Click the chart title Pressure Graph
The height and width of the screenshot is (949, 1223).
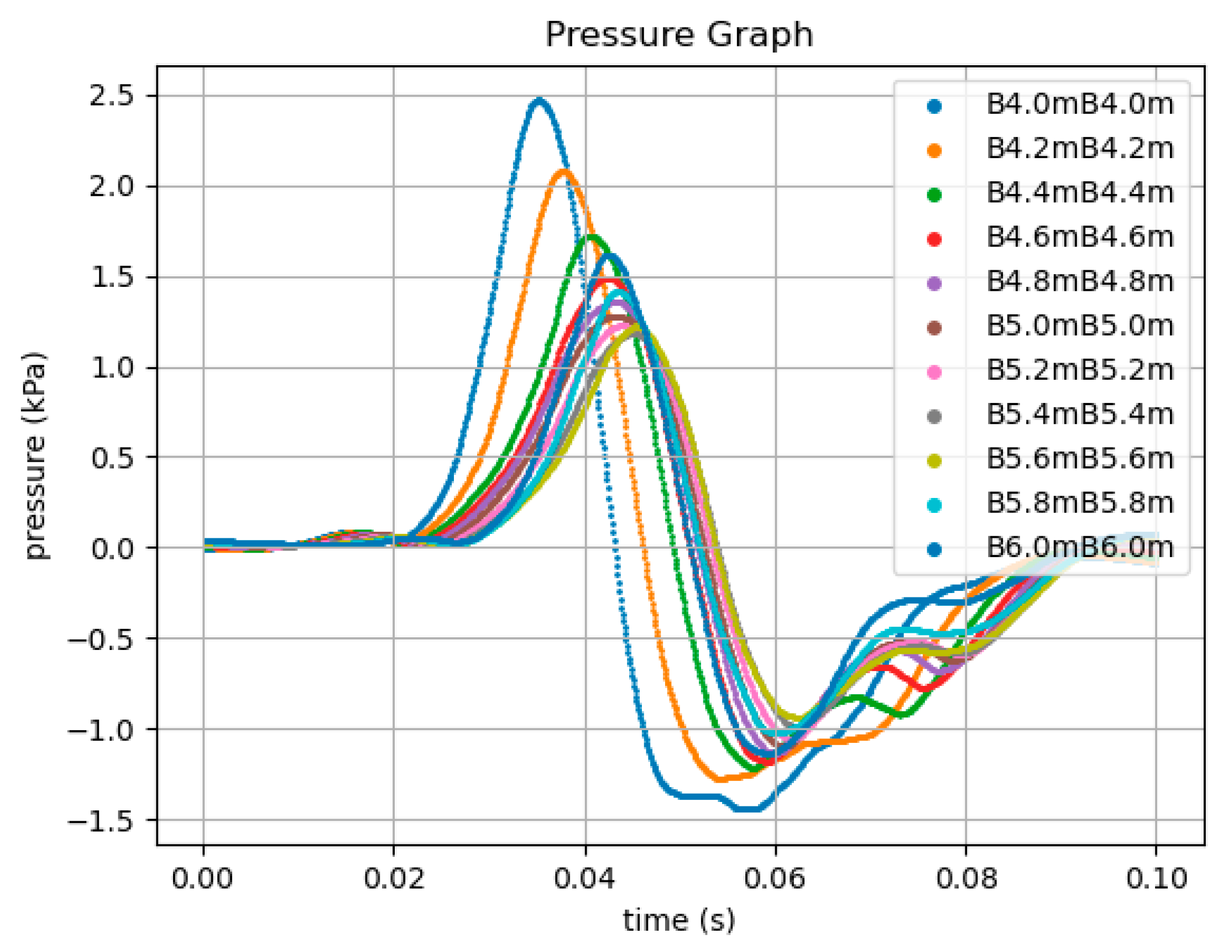tap(679, 35)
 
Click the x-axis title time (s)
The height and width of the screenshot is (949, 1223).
tap(679, 920)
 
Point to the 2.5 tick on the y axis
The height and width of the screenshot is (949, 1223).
tap(119, 96)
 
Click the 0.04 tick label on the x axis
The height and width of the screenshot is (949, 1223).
tap(585, 878)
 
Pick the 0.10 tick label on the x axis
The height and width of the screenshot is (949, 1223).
tap(1156, 878)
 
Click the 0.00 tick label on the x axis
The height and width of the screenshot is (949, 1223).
tap(202, 878)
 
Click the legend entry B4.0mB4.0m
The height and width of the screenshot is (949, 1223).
tap(1080, 104)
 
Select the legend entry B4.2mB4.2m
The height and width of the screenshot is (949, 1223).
tap(1080, 149)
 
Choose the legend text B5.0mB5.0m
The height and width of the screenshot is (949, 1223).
tap(1080, 327)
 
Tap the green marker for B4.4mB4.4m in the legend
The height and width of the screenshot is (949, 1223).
tap(934, 195)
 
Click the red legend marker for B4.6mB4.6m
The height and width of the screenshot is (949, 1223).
tap(934, 239)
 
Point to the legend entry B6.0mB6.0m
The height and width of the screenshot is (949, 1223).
tap(1080, 548)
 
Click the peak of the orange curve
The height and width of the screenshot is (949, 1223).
tap(565, 171)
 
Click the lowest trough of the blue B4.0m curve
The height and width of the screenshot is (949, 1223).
tap(748, 809)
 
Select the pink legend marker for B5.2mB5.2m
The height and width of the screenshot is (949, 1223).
tap(934, 372)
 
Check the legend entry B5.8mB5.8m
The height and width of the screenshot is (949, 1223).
tap(1080, 504)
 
